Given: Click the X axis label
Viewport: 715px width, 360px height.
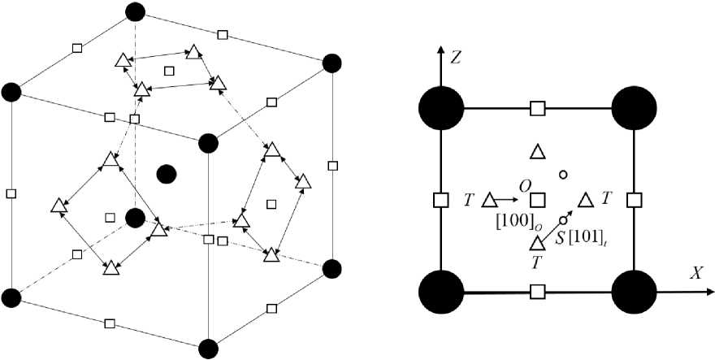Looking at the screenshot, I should [x=696, y=273].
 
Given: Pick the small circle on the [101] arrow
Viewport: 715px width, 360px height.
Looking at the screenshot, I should [x=562, y=219].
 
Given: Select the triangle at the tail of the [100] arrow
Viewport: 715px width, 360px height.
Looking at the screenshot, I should [x=489, y=200].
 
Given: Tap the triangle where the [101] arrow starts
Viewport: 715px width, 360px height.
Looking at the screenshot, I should [x=537, y=242].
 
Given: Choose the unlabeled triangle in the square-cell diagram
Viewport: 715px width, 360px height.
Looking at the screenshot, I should [x=537, y=151].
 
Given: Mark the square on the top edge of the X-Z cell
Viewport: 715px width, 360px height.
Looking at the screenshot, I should [x=537, y=107].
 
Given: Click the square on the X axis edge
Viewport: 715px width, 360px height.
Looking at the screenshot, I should [x=537, y=291].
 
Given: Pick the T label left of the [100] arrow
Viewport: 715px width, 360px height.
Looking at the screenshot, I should [x=469, y=199].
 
